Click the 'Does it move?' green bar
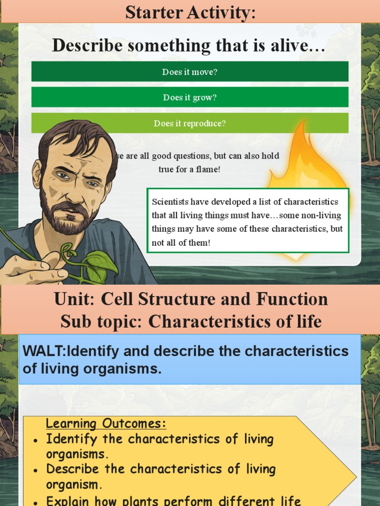pyautogui.click(x=190, y=72)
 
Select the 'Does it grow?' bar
pyautogui.click(x=190, y=97)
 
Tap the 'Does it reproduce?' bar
pyautogui.click(x=190, y=123)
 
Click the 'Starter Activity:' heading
pyautogui.click(x=190, y=12)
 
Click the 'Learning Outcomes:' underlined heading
pyautogui.click(x=106, y=424)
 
